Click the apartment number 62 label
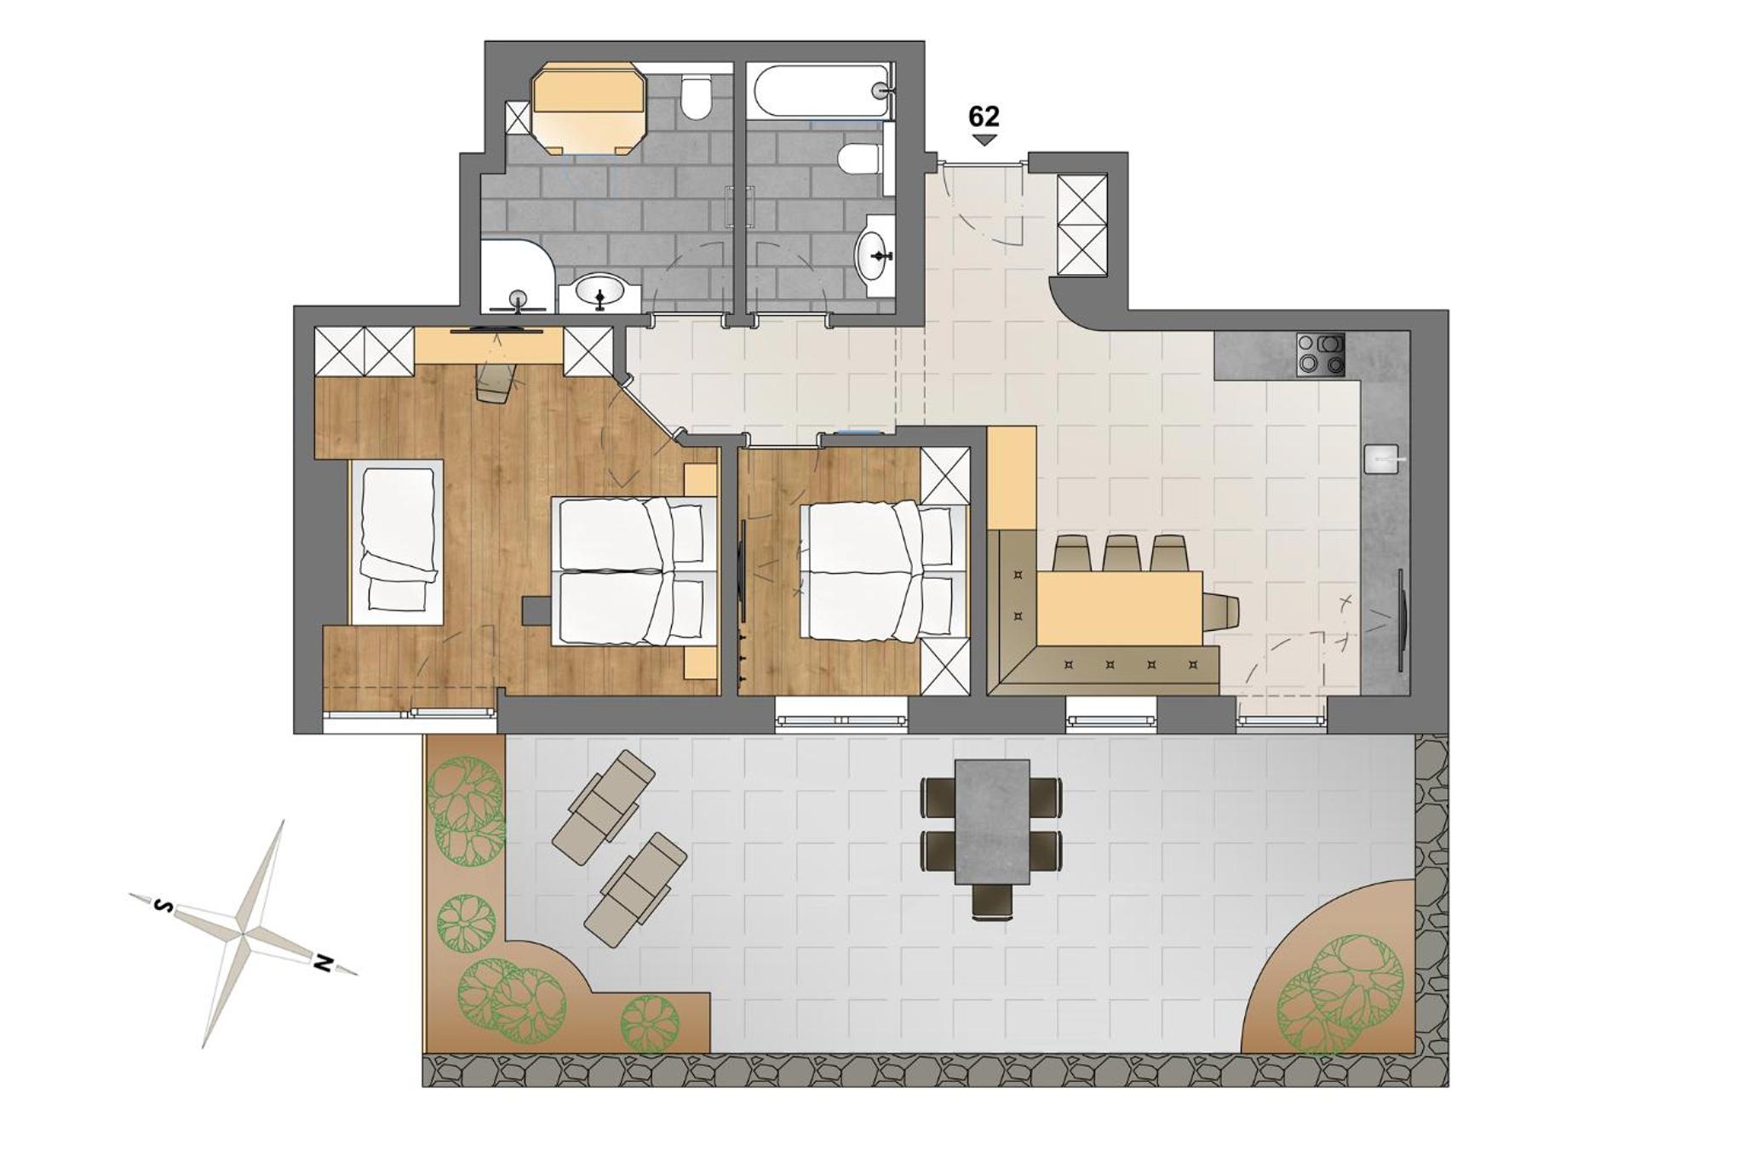pos(984,117)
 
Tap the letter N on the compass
pos(323,963)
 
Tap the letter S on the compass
pos(162,907)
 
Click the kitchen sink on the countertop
pos(1382,459)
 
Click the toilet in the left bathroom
pos(697,99)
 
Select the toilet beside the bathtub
pos(859,159)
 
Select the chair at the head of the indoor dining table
pos(1219,608)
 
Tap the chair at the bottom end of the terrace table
pos(993,902)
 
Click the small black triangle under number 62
pos(984,140)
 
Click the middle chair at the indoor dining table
pos(1122,553)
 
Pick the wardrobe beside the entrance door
pos(1081,225)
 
